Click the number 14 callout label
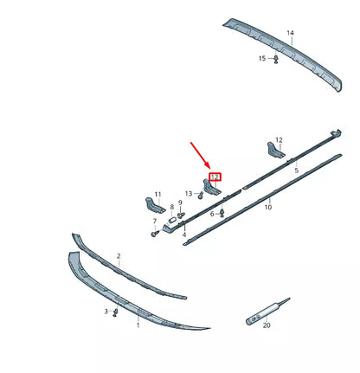point(290,33)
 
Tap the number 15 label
point(261,58)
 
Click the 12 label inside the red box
point(215,177)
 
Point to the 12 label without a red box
point(279,139)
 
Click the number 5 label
point(296,171)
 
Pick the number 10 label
point(268,208)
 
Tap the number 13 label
point(189,194)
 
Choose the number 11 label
point(157,194)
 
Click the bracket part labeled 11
point(153,208)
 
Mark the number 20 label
point(267,325)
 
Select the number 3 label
point(106,311)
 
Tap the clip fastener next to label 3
point(117,311)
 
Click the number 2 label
point(119,257)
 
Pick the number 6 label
point(212,213)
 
